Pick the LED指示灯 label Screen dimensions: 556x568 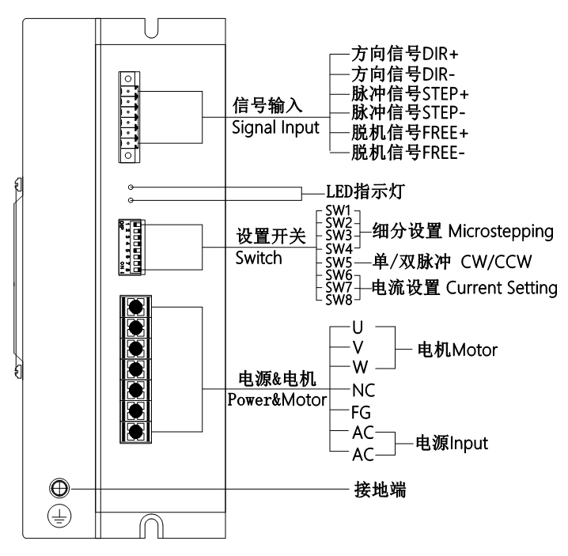click(x=360, y=192)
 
